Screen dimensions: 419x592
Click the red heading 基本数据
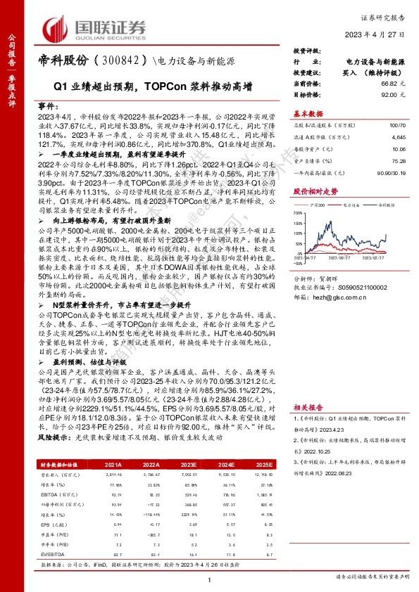point(308,112)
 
